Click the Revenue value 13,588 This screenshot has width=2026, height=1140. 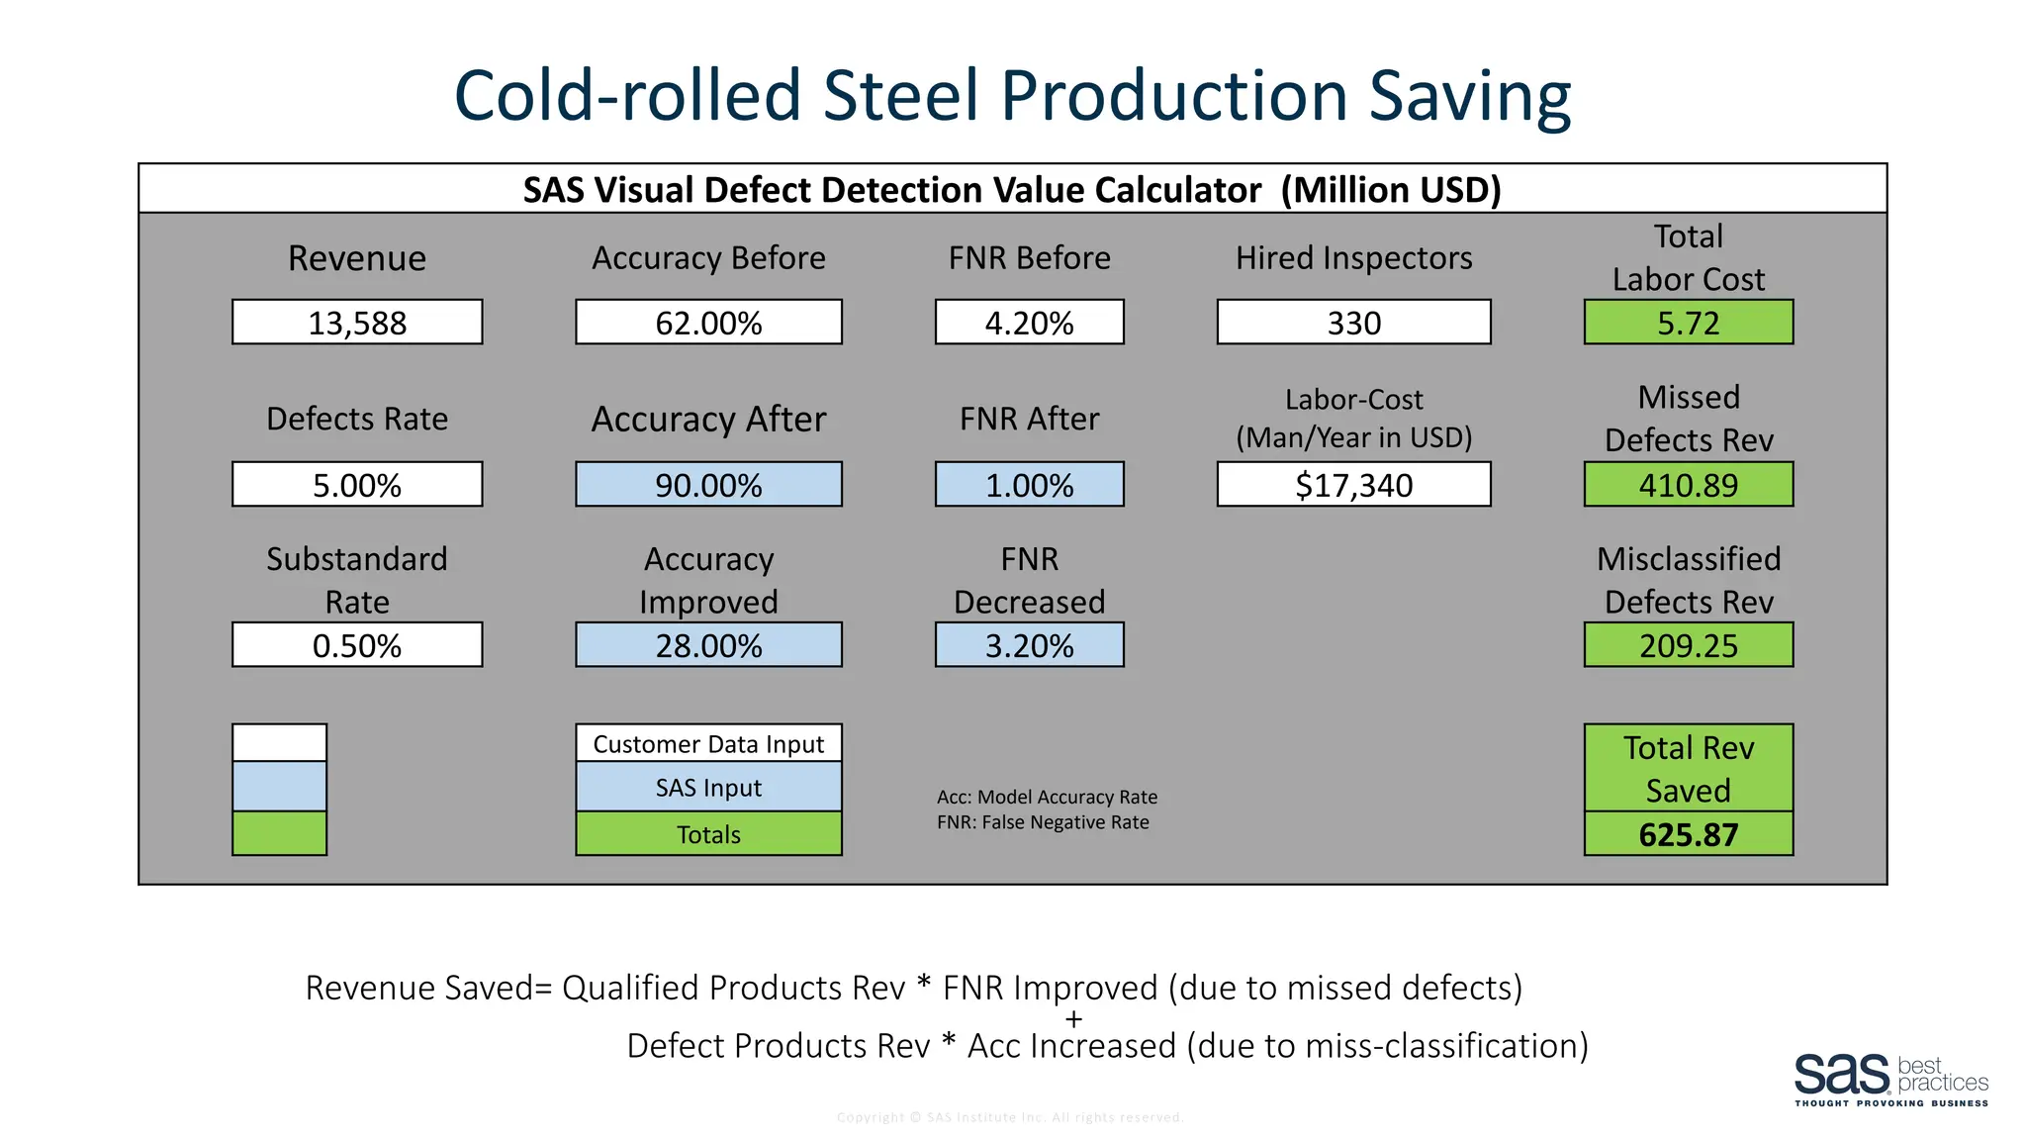(357, 323)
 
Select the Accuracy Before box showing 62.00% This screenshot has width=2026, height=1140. (708, 323)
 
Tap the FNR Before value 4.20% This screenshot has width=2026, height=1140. (1029, 323)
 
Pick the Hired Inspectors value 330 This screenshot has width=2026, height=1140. (1353, 323)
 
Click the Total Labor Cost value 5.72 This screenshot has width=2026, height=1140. (1688, 323)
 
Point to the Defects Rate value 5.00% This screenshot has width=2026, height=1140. (357, 485)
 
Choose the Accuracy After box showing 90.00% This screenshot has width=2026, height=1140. (708, 485)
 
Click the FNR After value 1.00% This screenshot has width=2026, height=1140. (1029, 485)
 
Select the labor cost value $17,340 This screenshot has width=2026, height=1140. (1353, 485)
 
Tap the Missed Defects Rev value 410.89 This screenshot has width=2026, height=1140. (1688, 485)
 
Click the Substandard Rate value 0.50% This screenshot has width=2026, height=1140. (357, 645)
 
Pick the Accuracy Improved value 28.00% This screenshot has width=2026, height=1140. (708, 645)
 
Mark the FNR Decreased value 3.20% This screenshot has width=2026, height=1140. (1029, 645)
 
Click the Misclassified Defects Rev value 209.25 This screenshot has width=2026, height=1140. (1688, 645)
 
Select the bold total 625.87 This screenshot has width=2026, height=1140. (1688, 834)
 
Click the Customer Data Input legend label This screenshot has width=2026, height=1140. (708, 744)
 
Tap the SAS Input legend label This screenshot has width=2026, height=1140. (708, 788)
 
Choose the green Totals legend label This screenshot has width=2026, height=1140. (708, 834)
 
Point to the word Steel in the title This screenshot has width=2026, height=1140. (901, 96)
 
